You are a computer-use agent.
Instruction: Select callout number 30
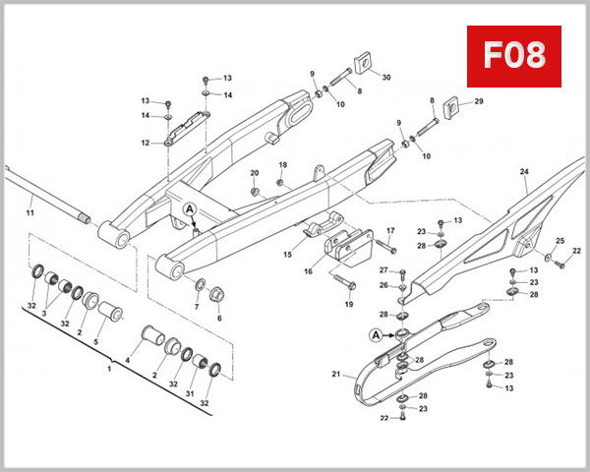(385, 77)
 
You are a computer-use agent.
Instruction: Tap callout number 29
(479, 101)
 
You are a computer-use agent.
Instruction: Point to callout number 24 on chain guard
(524, 172)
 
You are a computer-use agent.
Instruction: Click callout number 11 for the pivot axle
(29, 212)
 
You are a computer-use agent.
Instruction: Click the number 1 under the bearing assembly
(109, 368)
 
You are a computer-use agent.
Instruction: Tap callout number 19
(348, 304)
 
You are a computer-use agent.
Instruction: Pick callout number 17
(390, 231)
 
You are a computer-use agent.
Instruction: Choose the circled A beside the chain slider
(376, 334)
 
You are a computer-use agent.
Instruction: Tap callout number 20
(254, 173)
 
